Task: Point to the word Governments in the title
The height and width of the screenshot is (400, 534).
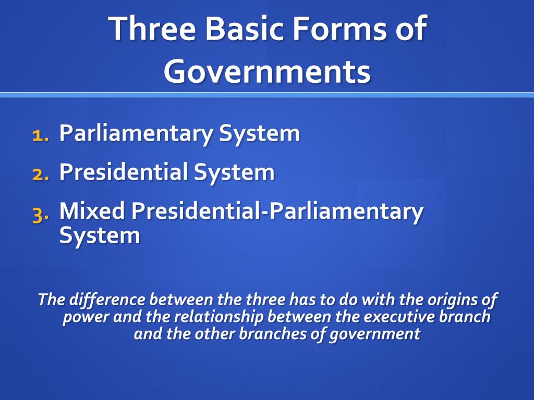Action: pyautogui.click(x=267, y=71)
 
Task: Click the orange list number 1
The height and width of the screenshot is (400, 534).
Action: pyautogui.click(x=41, y=135)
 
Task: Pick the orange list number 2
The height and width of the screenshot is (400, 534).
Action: pyautogui.click(x=41, y=174)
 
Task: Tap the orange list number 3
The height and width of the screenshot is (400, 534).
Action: pyautogui.click(x=41, y=215)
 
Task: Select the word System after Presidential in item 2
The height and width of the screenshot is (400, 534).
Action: pyautogui.click(x=234, y=172)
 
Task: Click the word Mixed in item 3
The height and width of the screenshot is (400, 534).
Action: pyautogui.click(x=92, y=210)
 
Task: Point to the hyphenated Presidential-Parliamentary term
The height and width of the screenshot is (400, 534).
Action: pyautogui.click(x=277, y=211)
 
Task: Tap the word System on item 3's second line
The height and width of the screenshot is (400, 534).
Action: pyautogui.click(x=100, y=236)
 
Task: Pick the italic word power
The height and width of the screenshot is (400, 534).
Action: pyautogui.click(x=86, y=317)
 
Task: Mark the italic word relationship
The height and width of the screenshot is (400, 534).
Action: pyautogui.click(x=219, y=317)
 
